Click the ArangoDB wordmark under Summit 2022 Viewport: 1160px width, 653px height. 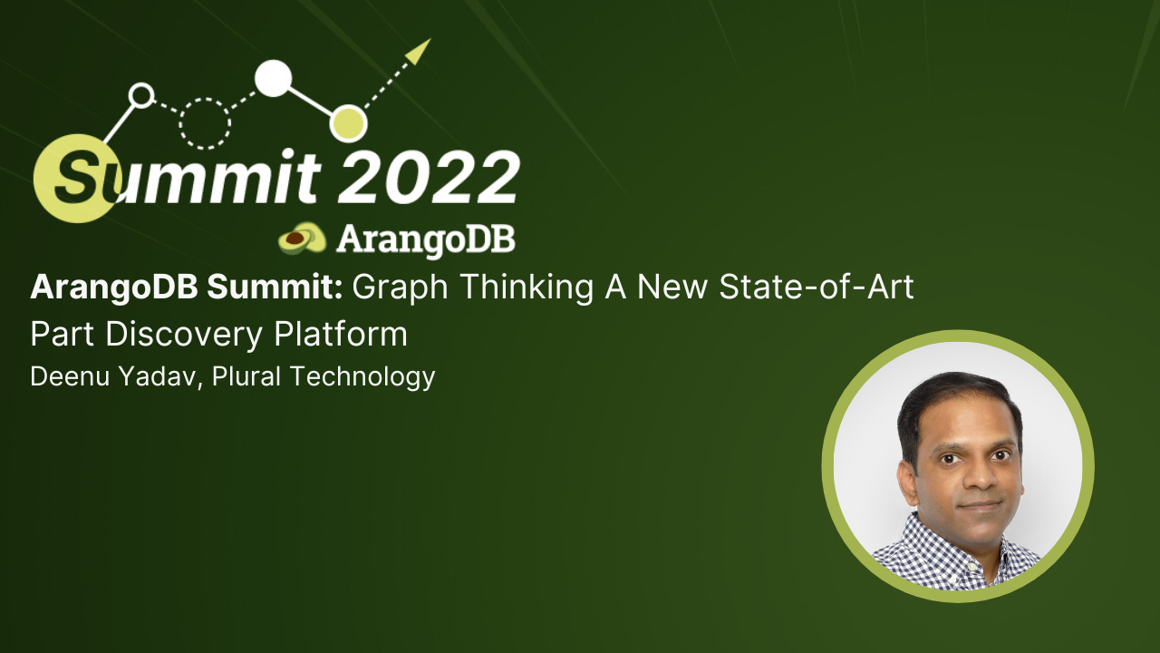pyautogui.click(x=425, y=239)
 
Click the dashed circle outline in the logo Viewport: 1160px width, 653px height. pyautogui.click(x=206, y=122)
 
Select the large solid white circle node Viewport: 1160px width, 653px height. pyautogui.click(x=273, y=78)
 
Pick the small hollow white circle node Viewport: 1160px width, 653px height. pyautogui.click(x=141, y=94)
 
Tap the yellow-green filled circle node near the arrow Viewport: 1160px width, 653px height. pyautogui.click(x=348, y=123)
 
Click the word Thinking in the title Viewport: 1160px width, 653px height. pyautogui.click(x=516, y=288)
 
